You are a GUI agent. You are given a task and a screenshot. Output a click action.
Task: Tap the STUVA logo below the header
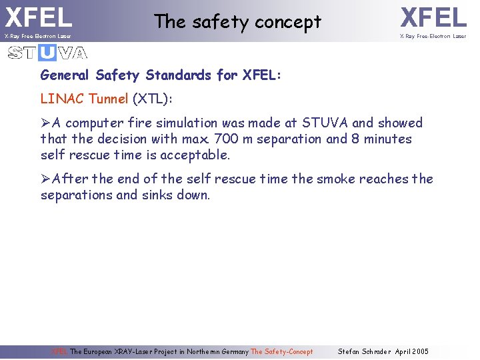point(47,53)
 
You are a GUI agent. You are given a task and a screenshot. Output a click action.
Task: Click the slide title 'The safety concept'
point(237,22)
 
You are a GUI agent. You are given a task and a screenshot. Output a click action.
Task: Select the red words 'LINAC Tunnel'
point(84,99)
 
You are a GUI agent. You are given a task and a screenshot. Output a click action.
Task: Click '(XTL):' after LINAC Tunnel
point(152,99)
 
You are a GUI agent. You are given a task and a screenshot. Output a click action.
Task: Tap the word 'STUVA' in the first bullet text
point(325,123)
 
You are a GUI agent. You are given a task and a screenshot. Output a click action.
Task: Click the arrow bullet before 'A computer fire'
point(46,123)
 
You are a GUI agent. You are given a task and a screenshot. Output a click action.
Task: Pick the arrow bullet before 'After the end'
point(46,179)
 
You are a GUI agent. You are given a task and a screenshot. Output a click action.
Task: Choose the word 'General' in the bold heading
point(65,75)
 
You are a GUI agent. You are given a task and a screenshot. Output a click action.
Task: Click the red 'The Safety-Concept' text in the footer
point(281,351)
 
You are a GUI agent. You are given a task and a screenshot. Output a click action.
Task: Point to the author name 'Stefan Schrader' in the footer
point(365,351)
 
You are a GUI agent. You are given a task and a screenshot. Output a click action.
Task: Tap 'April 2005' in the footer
point(412,351)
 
